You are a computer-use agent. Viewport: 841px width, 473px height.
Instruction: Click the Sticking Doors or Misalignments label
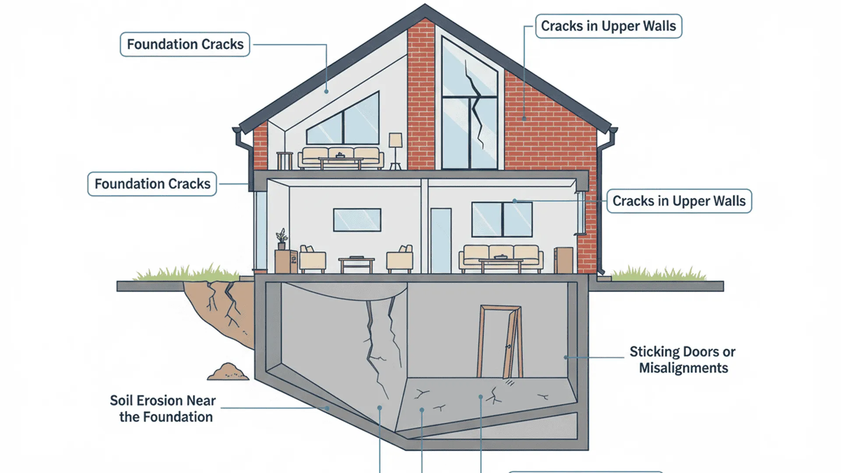[683, 360]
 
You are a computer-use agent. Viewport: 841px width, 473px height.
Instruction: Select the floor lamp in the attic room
[396, 151]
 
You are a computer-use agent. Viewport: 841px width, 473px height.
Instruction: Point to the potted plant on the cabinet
[282, 239]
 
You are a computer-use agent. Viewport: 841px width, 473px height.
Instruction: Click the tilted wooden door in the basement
[500, 342]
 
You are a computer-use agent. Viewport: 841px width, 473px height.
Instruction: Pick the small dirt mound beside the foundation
[228, 371]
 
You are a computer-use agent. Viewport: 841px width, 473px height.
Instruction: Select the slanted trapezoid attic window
[343, 118]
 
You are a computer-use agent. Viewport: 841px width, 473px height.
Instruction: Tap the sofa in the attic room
[341, 158]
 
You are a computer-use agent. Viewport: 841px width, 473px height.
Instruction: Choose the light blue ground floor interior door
[441, 240]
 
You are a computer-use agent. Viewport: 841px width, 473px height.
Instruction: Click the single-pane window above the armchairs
[357, 220]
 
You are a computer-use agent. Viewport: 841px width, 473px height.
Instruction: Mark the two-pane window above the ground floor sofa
[502, 219]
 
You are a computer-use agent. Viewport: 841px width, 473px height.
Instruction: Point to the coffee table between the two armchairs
[357, 264]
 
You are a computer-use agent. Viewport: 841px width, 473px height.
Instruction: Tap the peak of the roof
[424, 5]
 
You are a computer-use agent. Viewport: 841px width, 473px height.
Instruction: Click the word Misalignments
[683, 368]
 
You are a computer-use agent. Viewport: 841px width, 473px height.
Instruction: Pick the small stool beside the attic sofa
[284, 160]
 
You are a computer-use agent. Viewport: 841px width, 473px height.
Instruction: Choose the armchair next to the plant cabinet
[313, 259]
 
